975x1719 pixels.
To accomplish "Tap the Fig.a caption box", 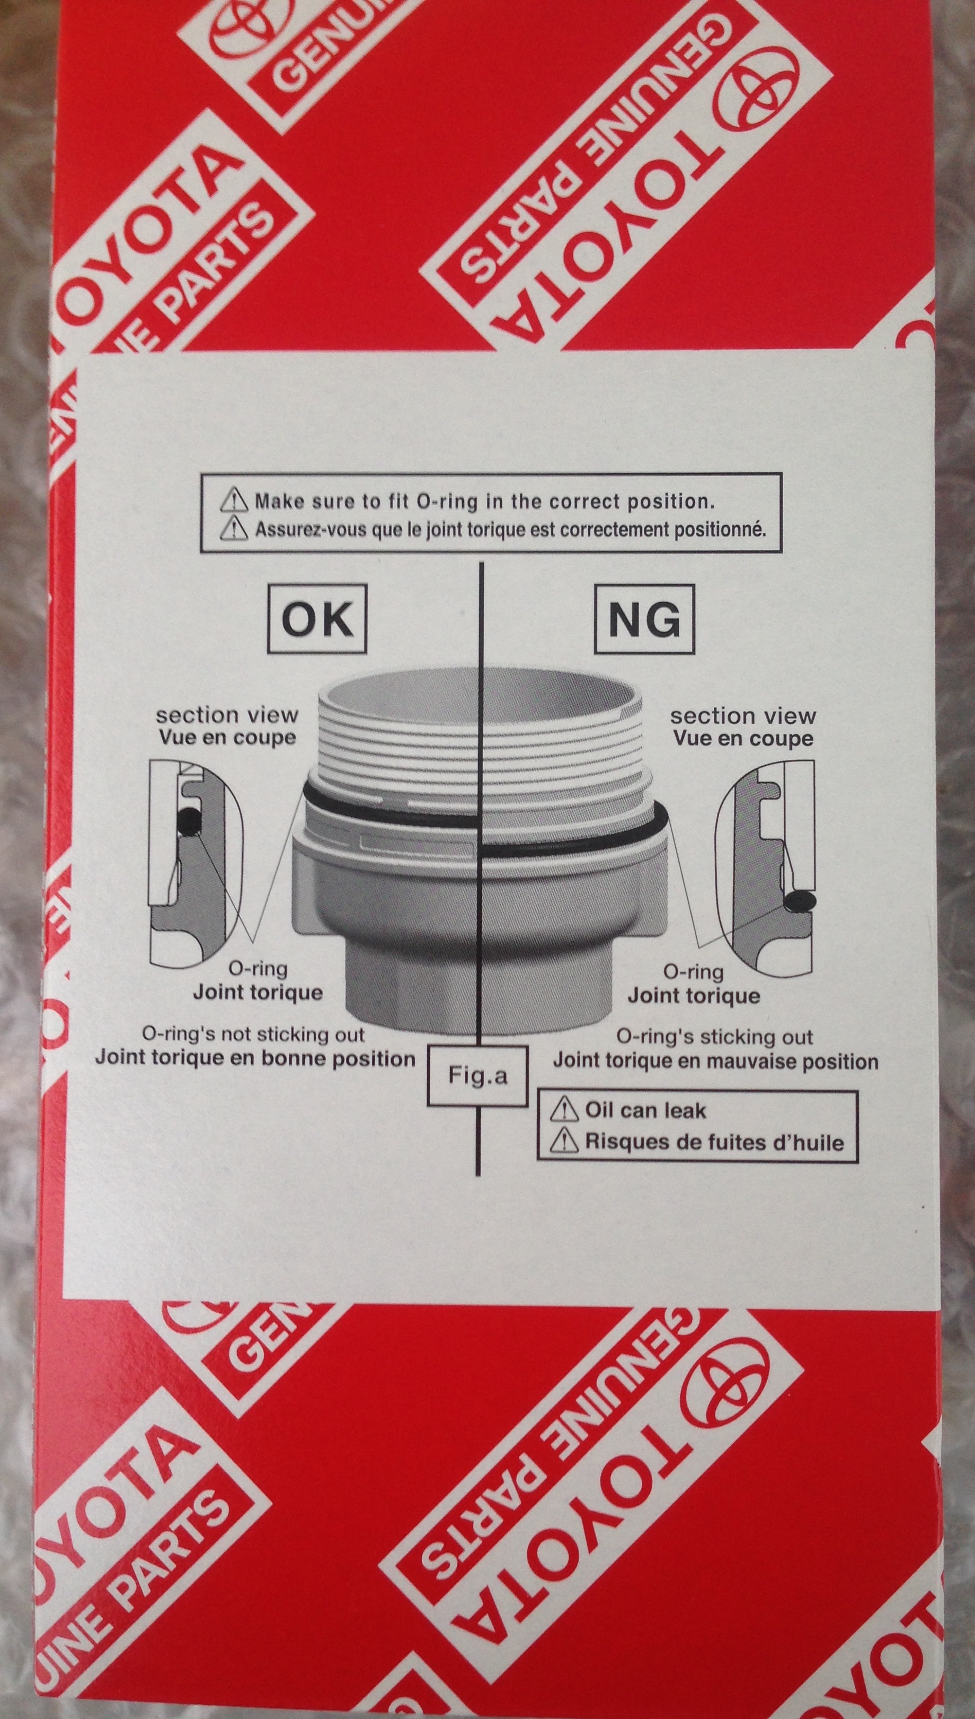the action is (477, 1076).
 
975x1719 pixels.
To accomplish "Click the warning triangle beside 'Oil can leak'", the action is (564, 1110).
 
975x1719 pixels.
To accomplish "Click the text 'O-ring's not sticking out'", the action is (253, 1034).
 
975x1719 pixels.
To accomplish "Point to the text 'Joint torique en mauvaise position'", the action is (715, 1062).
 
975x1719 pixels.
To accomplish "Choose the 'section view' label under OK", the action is (227, 715).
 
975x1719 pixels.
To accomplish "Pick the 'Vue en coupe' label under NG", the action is (743, 739).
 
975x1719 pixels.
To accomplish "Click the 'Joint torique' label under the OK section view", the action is (258, 992).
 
